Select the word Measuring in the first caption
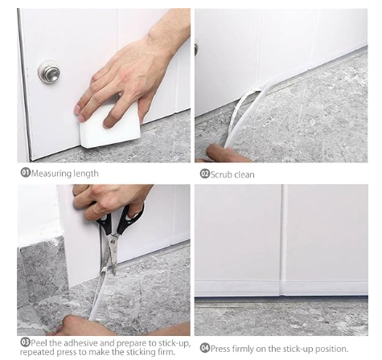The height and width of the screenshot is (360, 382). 52,174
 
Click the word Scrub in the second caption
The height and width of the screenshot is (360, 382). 222,174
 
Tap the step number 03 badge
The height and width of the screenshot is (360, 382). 24,342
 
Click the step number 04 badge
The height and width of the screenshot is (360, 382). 204,347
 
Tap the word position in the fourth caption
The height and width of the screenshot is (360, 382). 332,347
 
